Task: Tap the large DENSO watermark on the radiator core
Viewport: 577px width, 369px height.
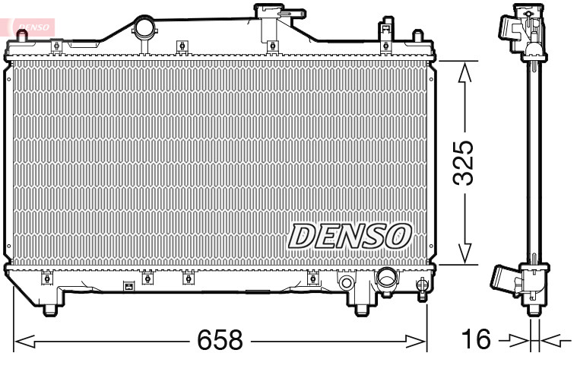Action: [x=350, y=237]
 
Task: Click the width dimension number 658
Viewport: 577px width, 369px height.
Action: [x=220, y=340]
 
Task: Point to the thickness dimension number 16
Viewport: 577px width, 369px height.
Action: [x=477, y=340]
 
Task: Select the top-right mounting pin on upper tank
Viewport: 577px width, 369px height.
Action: [x=417, y=37]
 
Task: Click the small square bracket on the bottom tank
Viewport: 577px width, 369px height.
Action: [x=128, y=287]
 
